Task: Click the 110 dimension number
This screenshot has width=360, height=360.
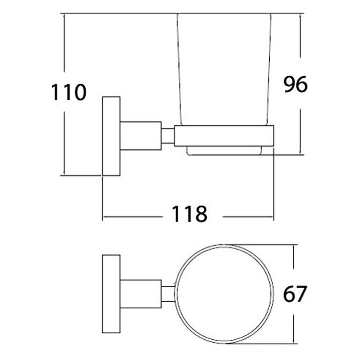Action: pyautogui.click(x=69, y=92)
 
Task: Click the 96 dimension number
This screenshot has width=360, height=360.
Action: pyautogui.click(x=296, y=84)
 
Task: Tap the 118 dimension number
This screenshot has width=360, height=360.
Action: pyautogui.click(x=190, y=214)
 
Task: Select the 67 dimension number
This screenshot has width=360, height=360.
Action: pyautogui.click(x=295, y=294)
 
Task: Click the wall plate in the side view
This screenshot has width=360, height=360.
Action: pyautogui.click(x=111, y=136)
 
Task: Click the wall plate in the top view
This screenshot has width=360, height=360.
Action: pyautogui.click(x=111, y=294)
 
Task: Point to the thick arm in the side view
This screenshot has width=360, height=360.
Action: pyautogui.click(x=141, y=136)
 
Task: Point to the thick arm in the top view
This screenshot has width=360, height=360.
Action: pyautogui.click(x=141, y=294)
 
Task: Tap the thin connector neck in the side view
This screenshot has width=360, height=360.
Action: pyautogui.click(x=168, y=136)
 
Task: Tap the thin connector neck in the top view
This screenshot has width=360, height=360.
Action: pyautogui.click(x=168, y=294)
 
